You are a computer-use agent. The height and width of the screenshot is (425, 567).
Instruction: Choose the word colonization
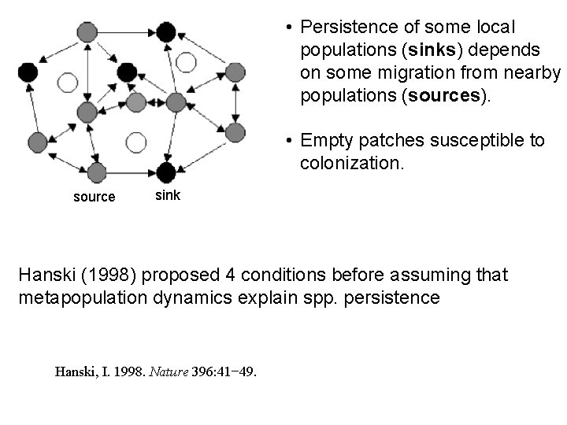(x=351, y=163)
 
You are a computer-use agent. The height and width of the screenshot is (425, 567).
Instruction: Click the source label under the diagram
(x=94, y=197)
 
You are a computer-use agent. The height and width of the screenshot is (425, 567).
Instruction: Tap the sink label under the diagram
(x=167, y=195)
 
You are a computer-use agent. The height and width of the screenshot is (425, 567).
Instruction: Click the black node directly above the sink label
(x=166, y=172)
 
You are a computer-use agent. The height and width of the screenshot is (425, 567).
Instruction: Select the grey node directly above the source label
(x=97, y=172)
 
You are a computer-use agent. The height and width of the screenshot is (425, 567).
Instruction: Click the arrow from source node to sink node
(x=131, y=172)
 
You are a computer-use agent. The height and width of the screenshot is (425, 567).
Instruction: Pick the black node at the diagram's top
(x=165, y=32)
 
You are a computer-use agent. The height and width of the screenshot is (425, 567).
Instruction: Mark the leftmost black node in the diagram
(x=28, y=73)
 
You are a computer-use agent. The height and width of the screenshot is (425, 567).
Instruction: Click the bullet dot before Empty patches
(x=290, y=141)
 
